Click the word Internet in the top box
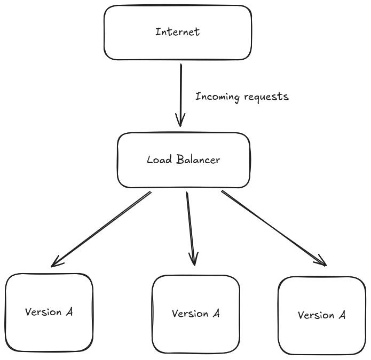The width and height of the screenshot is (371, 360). (177, 32)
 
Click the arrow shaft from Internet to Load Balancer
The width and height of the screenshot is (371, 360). (181, 91)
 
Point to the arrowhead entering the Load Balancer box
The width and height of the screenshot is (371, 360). (181, 122)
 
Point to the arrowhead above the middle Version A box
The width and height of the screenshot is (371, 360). (194, 260)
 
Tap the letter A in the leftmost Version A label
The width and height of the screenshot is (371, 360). (69, 312)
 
